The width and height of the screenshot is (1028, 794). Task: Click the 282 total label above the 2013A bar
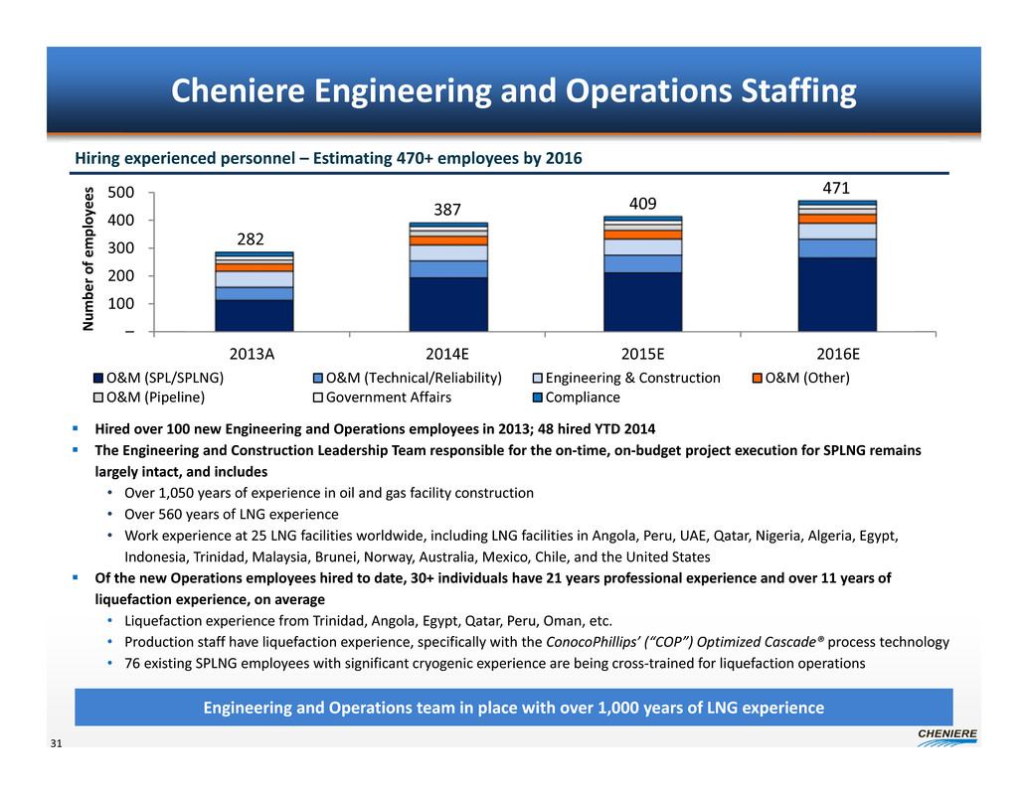point(251,239)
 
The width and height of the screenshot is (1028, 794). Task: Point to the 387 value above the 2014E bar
point(448,211)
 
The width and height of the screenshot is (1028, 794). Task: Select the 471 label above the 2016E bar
point(837,187)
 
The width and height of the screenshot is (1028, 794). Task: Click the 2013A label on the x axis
point(254,355)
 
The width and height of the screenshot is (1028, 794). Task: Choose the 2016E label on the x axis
point(837,355)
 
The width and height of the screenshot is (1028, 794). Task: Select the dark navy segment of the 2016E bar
point(837,294)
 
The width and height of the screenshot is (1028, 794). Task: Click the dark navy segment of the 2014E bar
point(448,304)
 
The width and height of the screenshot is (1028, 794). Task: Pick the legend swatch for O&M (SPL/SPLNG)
point(98,379)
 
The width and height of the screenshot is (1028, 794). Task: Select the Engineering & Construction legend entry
point(632,379)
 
